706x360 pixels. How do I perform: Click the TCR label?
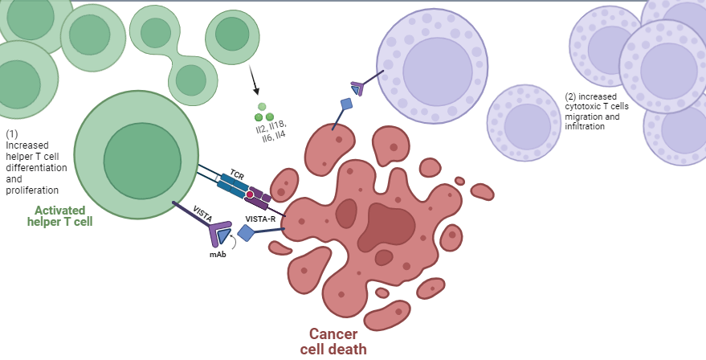pos(237,174)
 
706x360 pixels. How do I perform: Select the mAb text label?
pos(218,254)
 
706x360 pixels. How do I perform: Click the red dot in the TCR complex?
pos(250,194)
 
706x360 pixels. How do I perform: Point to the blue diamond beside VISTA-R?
pos(246,233)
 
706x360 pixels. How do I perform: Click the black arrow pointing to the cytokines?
pos(254,80)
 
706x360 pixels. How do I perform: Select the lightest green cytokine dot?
pos(262,107)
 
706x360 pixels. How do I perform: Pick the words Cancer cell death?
pos(333,342)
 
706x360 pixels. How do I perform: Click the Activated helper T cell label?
pos(63,215)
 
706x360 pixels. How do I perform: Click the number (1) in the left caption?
pos(12,134)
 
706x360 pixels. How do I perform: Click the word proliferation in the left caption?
pos(32,190)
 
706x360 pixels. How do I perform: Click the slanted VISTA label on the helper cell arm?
pos(202,213)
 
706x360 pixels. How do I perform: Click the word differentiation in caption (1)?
pos(35,168)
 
